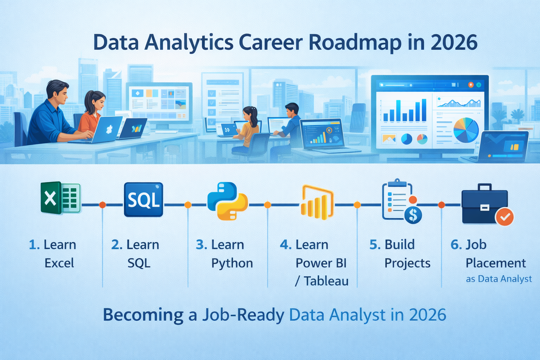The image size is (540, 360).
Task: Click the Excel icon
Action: pos(61,198)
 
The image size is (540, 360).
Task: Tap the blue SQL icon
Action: pos(143,200)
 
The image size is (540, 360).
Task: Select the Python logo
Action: pos(227,201)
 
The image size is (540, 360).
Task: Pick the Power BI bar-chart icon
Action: pos(317,202)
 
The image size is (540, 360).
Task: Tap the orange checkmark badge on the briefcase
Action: pos(504,217)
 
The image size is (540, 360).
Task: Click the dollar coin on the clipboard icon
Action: pos(413,214)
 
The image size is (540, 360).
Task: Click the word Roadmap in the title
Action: pos(355,43)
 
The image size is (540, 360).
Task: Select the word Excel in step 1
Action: pos(59,263)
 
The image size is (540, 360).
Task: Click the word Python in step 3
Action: pos(232,263)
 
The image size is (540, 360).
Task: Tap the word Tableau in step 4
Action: pos(326,281)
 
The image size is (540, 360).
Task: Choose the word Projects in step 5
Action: pos(407,263)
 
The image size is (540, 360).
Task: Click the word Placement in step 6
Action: pos(496,263)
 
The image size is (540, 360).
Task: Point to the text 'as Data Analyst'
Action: pos(499,279)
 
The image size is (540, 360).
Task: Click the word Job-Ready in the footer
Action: pos(243,315)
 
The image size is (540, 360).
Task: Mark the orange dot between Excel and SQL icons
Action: pos(102,205)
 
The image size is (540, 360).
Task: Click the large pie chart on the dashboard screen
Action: pos(466,130)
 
